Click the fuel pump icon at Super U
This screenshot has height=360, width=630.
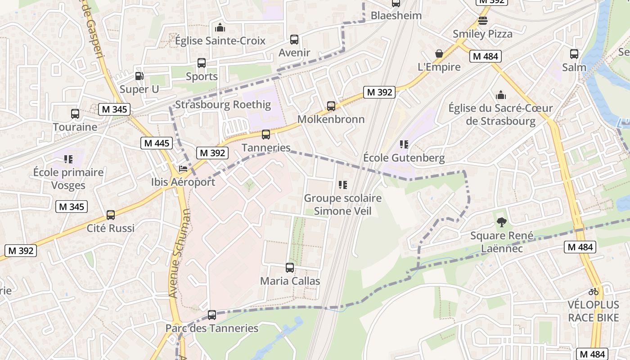pos(140,76)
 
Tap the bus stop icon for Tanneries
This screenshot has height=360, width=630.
pos(266,135)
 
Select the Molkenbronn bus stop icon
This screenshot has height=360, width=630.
pos(331,106)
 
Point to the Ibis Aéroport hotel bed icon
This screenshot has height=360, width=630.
pos(183,169)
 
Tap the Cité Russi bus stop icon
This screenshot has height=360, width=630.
pos(111,215)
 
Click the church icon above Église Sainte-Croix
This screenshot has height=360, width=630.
pos(220,27)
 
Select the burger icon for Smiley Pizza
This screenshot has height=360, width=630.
pos(483,21)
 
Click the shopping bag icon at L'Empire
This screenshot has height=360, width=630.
pos(439,54)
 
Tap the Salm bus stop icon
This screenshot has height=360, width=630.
pos(574,54)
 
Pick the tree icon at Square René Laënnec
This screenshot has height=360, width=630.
pos(501,222)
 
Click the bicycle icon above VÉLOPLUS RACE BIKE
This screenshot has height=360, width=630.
pos(594,292)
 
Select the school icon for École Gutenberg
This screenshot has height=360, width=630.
pos(404,144)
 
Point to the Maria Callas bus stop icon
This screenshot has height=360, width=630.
pos(290,268)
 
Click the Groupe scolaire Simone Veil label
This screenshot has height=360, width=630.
pos(342,204)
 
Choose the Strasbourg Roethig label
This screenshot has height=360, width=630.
pos(223,105)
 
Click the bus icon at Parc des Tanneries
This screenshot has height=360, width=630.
pos(212,315)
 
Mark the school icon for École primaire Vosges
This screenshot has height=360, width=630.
pos(68,159)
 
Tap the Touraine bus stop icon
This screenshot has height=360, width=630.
pos(75,114)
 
